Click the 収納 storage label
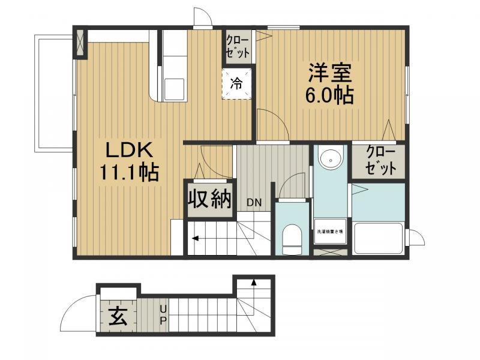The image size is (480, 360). click(209, 199)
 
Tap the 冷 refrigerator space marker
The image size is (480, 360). click(236, 84)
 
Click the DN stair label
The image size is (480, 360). click(254, 202)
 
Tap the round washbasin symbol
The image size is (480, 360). click(329, 159)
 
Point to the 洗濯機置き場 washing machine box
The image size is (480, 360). click(330, 231)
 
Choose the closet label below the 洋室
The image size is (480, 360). click(380, 160)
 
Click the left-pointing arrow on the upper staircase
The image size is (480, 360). click(196, 239)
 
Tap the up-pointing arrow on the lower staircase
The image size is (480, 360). click(254, 281)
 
